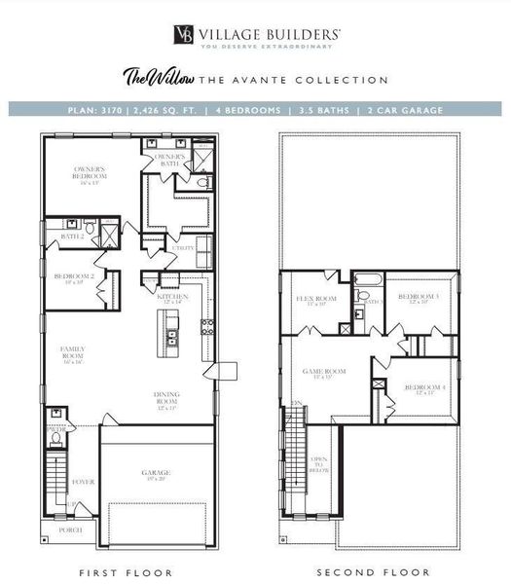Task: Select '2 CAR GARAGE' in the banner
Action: tap(408, 110)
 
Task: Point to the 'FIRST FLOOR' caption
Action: tap(127, 573)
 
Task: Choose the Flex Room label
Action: tap(322, 301)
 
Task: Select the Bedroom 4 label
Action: tap(424, 388)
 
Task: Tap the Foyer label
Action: tap(83, 481)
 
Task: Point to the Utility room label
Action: tap(183, 248)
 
